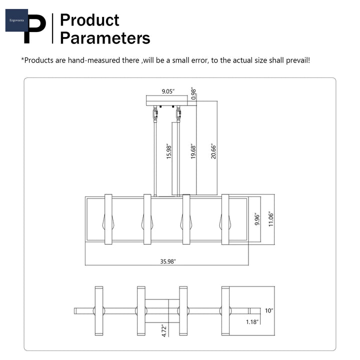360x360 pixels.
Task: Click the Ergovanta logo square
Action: pyautogui.click(x=16, y=20)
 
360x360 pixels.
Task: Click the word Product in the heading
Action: pyautogui.click(x=89, y=20)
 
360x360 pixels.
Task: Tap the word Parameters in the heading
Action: pyautogui.click(x=105, y=38)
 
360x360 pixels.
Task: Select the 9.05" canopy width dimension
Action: pyautogui.click(x=168, y=91)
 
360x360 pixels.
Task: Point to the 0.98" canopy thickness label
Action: pyautogui.click(x=193, y=93)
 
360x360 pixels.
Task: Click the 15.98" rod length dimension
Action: pyautogui.click(x=169, y=151)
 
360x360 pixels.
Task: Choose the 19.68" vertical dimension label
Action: pyautogui.click(x=193, y=151)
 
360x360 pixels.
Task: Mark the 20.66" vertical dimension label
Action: pyautogui.click(x=213, y=151)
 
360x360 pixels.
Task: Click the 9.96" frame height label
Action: pyautogui.click(x=257, y=219)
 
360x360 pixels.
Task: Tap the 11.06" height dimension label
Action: pyautogui.click(x=271, y=219)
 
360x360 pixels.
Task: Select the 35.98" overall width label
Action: pyautogui.click(x=168, y=261)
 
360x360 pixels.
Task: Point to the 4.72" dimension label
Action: pyautogui.click(x=164, y=330)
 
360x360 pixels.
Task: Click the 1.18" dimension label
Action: pyautogui.click(x=252, y=322)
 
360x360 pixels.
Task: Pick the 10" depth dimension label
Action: pyautogui.click(x=269, y=310)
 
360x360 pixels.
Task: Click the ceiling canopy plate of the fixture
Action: pyautogui.click(x=167, y=100)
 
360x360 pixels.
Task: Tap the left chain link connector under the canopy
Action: pyautogui.click(x=155, y=114)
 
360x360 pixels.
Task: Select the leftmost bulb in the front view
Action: pyautogui.click(x=108, y=222)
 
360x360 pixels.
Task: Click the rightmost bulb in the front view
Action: pyautogui.click(x=225, y=222)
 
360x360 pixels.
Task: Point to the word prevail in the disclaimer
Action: pyautogui.click(x=298, y=60)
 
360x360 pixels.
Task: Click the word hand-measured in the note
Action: pyautogui.click(x=94, y=60)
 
